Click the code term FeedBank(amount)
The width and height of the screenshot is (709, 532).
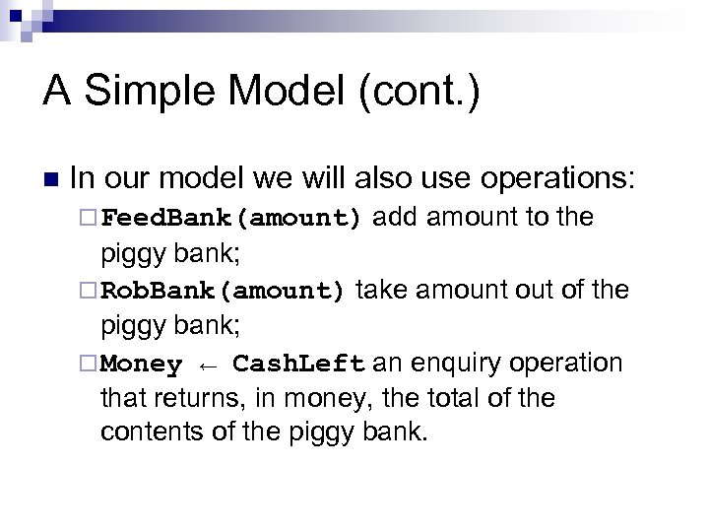(x=232, y=218)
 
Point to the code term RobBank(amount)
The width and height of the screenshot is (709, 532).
(x=223, y=291)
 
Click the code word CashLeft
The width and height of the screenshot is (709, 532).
(x=299, y=365)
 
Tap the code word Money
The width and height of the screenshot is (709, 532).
(x=142, y=365)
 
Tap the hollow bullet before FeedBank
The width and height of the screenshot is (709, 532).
(x=90, y=218)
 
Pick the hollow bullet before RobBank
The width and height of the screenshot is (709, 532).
(x=90, y=291)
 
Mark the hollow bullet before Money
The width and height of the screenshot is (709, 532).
(x=90, y=365)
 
